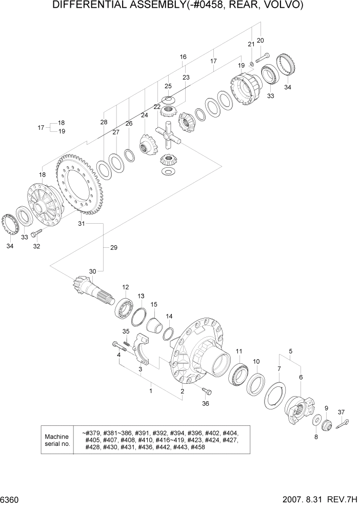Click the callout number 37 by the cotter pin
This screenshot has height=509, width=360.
coord(342,412)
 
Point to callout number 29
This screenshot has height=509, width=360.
coord(113,248)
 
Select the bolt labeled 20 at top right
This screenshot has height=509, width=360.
coord(263,57)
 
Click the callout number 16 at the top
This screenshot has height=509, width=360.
coord(183,57)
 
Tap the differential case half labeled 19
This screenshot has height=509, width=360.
coord(247,90)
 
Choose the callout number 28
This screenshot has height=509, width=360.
coord(104,122)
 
